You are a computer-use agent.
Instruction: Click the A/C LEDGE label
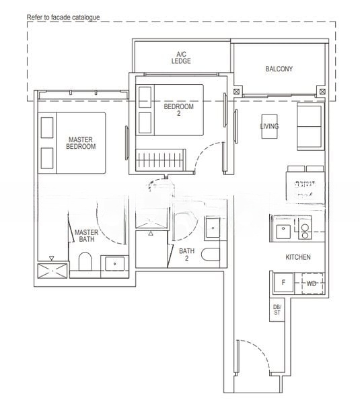click(x=181, y=57)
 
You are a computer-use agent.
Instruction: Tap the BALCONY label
click(x=279, y=69)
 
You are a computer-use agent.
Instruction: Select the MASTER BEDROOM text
click(x=81, y=143)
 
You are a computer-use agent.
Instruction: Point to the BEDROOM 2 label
click(x=178, y=110)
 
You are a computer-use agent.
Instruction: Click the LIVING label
click(x=269, y=126)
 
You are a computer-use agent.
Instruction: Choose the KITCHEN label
click(x=297, y=257)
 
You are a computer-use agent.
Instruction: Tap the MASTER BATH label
click(x=86, y=236)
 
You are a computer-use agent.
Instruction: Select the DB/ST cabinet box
click(x=277, y=310)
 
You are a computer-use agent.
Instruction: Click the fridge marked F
click(x=283, y=283)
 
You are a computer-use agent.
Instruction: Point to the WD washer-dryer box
click(x=312, y=283)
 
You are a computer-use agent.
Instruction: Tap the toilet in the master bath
click(x=85, y=262)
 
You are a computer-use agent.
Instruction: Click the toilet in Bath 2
click(x=210, y=255)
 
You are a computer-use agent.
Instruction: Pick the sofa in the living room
click(x=311, y=128)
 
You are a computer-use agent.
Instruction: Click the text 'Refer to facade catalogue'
click(x=63, y=16)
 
